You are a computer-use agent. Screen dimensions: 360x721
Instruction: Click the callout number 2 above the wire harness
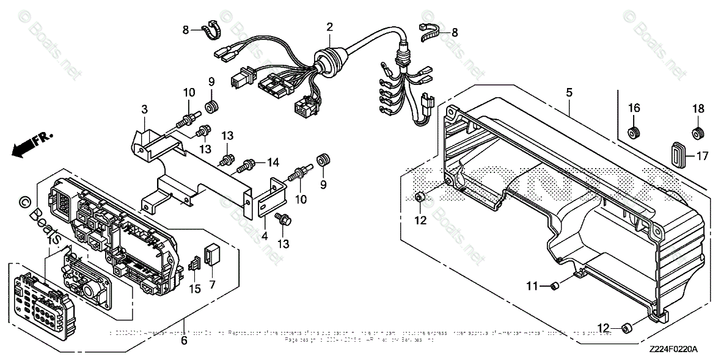[x=329, y=27]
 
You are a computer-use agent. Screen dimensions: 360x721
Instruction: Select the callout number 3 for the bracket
[x=144, y=109]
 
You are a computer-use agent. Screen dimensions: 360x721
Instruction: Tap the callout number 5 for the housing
[x=569, y=93]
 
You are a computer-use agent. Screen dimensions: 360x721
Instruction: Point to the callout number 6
[x=183, y=342]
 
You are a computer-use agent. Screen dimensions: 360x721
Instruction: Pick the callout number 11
[x=532, y=285]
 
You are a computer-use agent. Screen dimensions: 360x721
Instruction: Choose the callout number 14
[x=272, y=163]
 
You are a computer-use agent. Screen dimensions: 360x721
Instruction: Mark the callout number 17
[x=701, y=156]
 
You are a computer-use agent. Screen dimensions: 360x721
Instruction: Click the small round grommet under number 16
[x=634, y=131]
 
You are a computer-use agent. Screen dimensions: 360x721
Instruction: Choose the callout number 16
[x=634, y=108]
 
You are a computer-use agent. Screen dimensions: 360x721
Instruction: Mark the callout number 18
[x=697, y=108]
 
